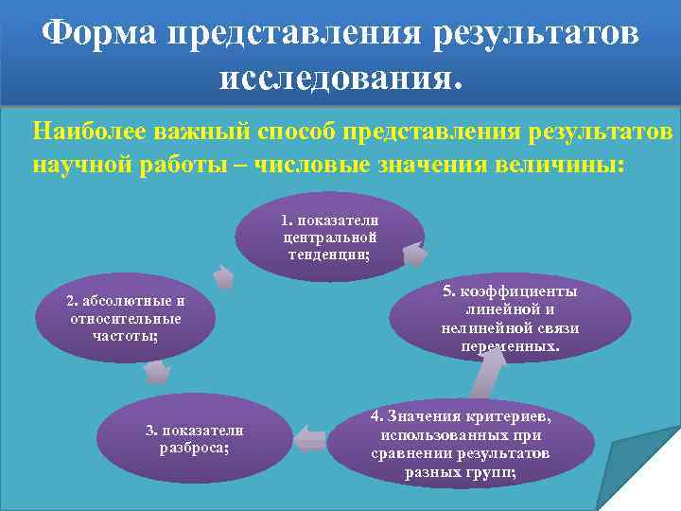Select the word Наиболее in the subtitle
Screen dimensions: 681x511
point(86,129)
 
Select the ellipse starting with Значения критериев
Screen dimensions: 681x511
point(461,445)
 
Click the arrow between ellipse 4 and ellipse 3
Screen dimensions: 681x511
point(310,438)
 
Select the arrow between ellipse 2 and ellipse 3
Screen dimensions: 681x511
point(157,372)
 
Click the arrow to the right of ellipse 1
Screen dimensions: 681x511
point(414,255)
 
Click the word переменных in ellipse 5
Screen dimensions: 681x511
point(510,346)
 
